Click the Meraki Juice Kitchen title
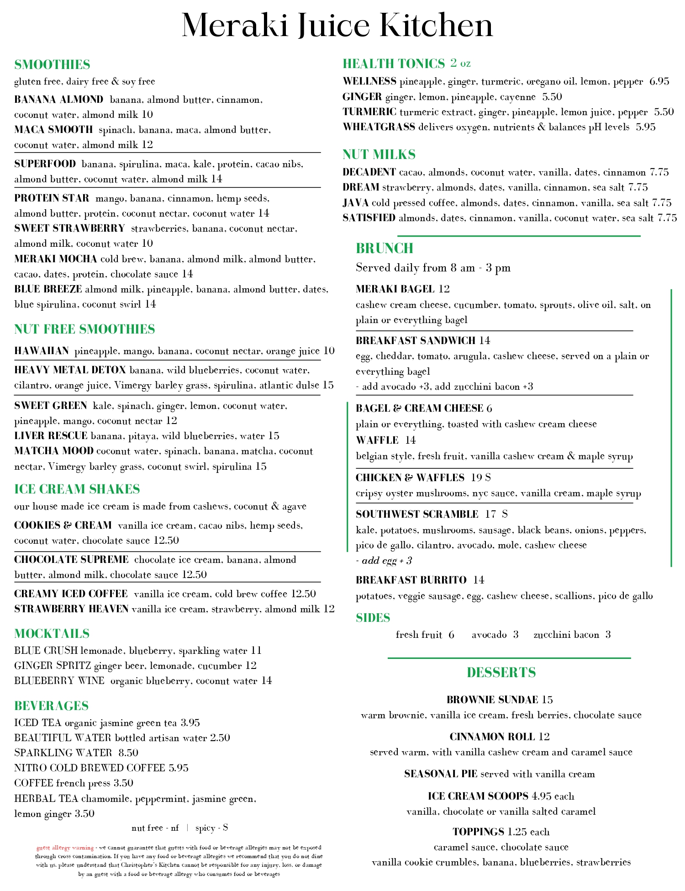pyautogui.click(x=337, y=25)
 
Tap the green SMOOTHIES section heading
pyautogui.click(x=52, y=64)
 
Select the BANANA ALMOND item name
pyautogui.click(x=59, y=100)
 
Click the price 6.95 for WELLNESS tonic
pyautogui.click(x=659, y=81)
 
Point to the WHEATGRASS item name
pyautogui.click(x=379, y=127)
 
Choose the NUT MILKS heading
pyautogui.click(x=379, y=154)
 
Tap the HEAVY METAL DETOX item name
pyautogui.click(x=70, y=370)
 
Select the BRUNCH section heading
pyautogui.click(x=385, y=248)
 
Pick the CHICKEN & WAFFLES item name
pyautogui.click(x=410, y=477)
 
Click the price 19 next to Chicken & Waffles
pyautogui.click(x=476, y=477)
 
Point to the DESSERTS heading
pyautogui.click(x=501, y=673)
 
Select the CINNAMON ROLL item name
pyautogui.click(x=492, y=737)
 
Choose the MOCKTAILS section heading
pyautogui.click(x=52, y=634)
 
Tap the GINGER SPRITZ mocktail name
pyautogui.click(x=53, y=666)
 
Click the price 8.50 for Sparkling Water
pyautogui.click(x=128, y=753)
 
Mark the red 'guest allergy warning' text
pyautogui.click(x=65, y=848)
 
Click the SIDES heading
pyautogui.click(x=373, y=618)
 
